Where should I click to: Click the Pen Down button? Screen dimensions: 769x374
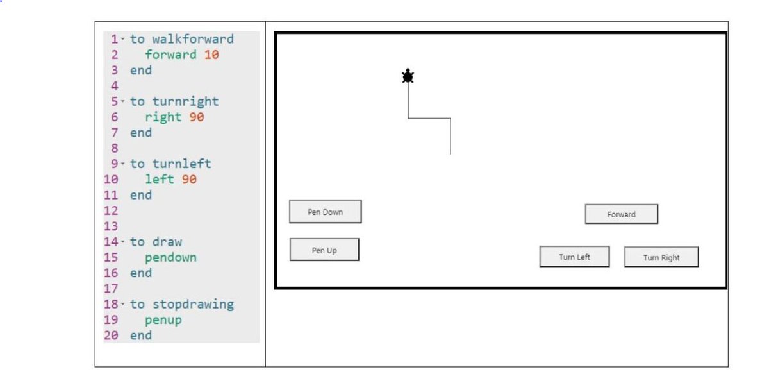pos(325,212)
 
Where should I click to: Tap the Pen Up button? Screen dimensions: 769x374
pos(324,250)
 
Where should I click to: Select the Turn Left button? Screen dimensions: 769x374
pos(574,257)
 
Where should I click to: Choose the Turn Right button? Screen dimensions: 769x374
pos(661,258)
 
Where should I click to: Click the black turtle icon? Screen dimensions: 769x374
pos(408,76)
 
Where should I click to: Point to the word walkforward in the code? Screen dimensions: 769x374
pos(193,39)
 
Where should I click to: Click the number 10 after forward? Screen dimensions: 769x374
pos(211,55)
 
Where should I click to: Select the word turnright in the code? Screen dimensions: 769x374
pos(185,101)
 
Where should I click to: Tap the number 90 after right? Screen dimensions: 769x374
pos(197,117)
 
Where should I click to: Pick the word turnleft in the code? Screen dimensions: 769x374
pos(181,164)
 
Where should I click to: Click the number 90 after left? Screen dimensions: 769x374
pos(189,180)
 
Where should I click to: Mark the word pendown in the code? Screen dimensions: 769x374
pos(170,257)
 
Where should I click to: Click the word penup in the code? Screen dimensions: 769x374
pos(163,319)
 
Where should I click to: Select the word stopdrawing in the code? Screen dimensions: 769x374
pos(193,304)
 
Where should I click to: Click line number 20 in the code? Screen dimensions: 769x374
pos(111,336)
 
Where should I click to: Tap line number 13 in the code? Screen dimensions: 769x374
pos(111,226)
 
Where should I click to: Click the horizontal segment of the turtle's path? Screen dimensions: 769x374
pos(429,118)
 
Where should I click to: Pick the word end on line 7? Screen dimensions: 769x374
pos(141,133)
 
